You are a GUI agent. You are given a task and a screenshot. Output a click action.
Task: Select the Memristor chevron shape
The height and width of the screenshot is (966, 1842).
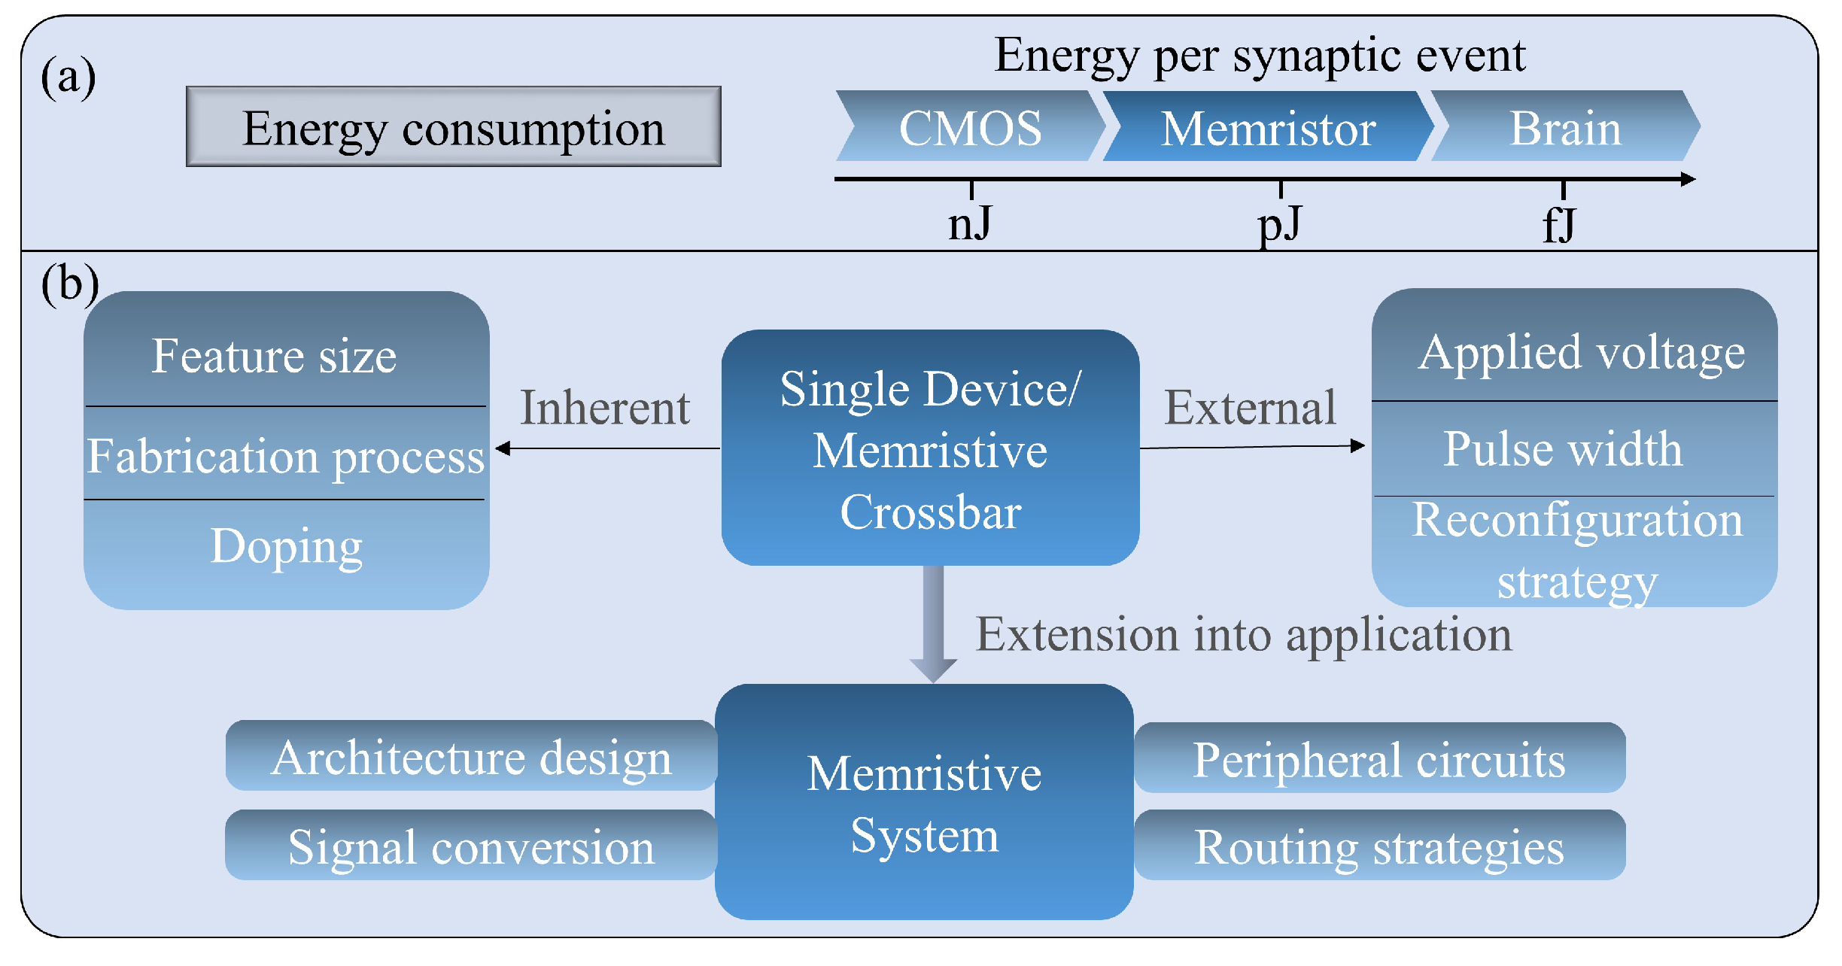[x=1269, y=126]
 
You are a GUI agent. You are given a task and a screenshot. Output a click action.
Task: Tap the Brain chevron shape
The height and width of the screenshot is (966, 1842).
[x=1565, y=126]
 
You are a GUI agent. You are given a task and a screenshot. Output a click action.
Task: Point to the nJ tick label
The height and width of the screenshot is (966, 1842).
[x=970, y=224]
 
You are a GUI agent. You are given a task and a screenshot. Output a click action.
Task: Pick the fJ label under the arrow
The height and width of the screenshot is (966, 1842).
[x=1559, y=224]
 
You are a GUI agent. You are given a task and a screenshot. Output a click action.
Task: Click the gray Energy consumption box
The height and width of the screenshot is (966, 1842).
[x=453, y=126]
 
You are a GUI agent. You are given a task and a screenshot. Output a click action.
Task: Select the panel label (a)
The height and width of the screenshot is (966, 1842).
[x=68, y=77]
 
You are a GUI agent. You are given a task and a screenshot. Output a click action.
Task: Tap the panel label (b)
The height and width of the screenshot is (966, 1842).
[x=69, y=284]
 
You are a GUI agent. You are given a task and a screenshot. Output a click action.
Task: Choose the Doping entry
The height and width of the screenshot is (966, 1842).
[x=286, y=546]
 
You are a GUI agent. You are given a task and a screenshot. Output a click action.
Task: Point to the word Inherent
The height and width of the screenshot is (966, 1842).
[x=605, y=408]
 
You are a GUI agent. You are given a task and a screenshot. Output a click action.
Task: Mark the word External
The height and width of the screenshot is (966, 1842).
[x=1250, y=408]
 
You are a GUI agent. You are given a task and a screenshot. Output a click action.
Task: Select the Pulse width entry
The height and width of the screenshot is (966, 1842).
[x=1562, y=449]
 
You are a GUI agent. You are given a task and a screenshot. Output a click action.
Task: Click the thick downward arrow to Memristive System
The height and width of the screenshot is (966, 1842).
[x=933, y=624]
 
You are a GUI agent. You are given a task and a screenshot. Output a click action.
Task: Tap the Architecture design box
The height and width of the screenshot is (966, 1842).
[x=471, y=756]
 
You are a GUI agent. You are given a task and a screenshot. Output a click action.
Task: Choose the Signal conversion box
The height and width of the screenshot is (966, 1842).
[x=471, y=846]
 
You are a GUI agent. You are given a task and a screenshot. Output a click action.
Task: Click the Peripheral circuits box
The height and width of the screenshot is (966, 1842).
[x=1378, y=758]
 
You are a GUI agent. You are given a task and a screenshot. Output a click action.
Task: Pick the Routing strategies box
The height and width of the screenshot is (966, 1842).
[x=1378, y=846]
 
